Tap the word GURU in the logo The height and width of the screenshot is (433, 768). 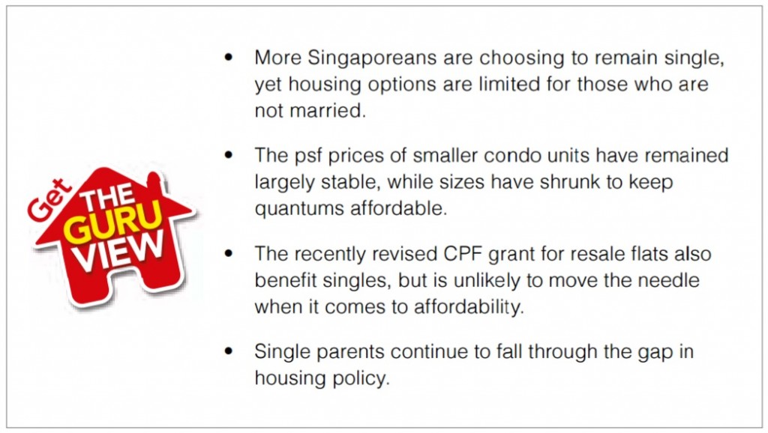point(113,222)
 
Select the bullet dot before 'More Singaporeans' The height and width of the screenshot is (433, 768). point(228,57)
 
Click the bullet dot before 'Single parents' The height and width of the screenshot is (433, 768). point(228,351)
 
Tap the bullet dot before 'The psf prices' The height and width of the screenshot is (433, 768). point(228,155)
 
